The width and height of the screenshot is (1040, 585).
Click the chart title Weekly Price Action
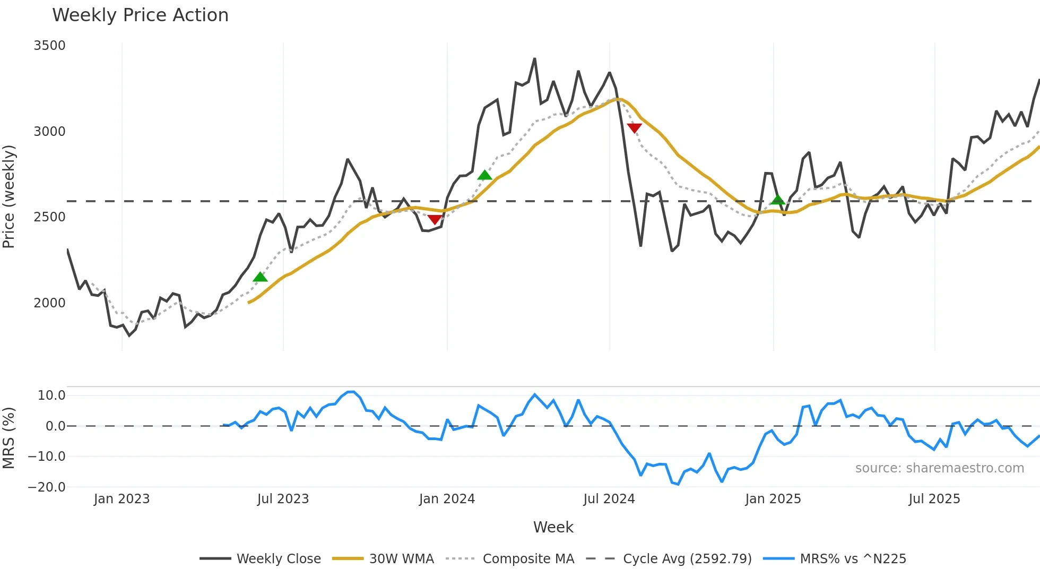pyautogui.click(x=140, y=15)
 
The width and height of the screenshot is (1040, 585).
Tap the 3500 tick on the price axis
pyautogui.click(x=49, y=46)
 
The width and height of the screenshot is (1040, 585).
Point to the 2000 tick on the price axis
pyautogui.click(x=49, y=303)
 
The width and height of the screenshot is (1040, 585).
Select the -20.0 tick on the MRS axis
pyautogui.click(x=47, y=487)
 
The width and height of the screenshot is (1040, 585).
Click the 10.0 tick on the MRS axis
pyautogui.click(x=51, y=395)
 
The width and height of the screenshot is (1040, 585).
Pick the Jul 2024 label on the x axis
pyautogui.click(x=609, y=499)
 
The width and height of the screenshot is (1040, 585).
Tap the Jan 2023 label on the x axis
pyautogui.click(x=122, y=499)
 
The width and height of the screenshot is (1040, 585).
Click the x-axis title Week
pyautogui.click(x=553, y=527)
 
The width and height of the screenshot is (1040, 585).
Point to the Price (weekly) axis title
pyautogui.click(x=9, y=196)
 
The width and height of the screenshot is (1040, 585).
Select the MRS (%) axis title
pyautogui.click(x=9, y=438)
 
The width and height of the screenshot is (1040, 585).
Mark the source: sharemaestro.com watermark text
pyautogui.click(x=939, y=468)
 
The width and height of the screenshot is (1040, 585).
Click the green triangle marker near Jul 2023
pyautogui.click(x=260, y=277)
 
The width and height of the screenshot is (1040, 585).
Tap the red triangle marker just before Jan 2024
pyautogui.click(x=435, y=219)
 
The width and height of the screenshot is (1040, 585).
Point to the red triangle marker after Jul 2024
pyautogui.click(x=634, y=128)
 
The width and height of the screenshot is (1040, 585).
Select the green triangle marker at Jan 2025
pyautogui.click(x=777, y=200)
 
